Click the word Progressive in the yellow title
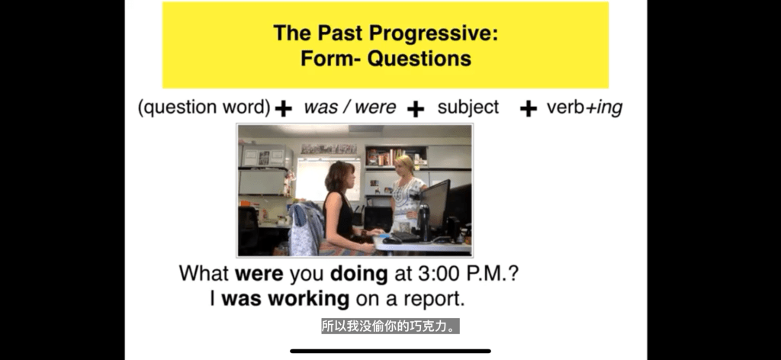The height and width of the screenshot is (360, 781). pos(434,34)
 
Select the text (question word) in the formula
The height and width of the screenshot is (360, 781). pos(204,108)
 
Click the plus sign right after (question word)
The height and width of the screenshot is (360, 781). pos(284,108)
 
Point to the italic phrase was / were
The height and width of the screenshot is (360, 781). pos(349,107)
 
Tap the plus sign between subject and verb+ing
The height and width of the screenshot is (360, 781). pos(529,108)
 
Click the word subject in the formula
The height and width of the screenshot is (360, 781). pos(468,108)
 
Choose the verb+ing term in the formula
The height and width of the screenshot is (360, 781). pos(584,108)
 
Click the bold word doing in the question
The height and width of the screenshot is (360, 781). pos(359,273)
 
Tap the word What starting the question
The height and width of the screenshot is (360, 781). pos(204,273)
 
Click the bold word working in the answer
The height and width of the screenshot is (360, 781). pos(309,299)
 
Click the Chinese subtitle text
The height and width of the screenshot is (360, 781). pos(390,326)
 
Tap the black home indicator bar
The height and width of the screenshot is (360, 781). pos(390,351)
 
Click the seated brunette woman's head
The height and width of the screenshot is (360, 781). pos(340,176)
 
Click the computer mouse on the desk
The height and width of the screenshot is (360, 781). pos(391,240)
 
